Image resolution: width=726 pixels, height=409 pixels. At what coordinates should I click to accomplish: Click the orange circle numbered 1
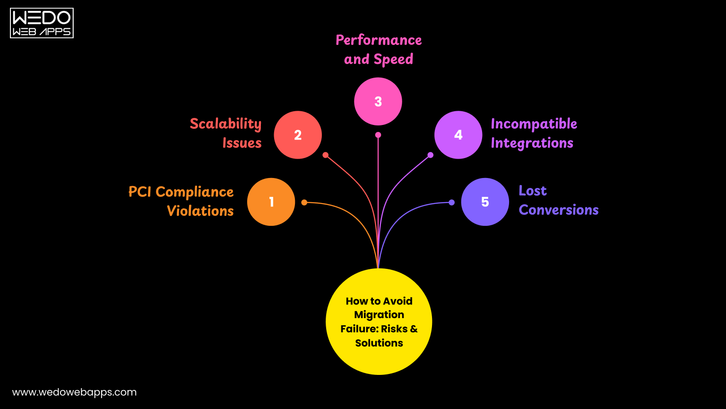271,202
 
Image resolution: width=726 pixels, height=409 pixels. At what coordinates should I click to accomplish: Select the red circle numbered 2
298,135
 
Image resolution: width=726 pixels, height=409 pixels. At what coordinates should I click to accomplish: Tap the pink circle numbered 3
378,101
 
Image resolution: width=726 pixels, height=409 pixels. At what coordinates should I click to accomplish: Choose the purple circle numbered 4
458,135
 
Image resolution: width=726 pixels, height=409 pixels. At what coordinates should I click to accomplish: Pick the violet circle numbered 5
485,202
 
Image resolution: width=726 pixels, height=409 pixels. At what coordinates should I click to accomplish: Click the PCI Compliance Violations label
181,201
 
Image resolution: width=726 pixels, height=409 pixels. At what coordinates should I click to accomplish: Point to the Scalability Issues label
226,133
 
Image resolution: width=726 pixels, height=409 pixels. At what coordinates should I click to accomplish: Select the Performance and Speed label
379,50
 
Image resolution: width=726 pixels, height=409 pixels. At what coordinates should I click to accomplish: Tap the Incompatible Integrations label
533,133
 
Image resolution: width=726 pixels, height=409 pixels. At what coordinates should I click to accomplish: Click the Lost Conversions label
558,200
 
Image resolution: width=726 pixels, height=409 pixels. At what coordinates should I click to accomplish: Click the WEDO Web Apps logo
42,23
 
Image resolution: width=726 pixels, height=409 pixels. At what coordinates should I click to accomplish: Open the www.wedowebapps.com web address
74,392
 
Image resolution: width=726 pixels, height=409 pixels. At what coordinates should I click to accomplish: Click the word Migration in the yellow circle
379,315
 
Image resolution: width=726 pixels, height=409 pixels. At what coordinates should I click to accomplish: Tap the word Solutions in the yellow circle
379,343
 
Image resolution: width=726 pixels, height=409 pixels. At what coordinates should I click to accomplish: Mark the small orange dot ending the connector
304,203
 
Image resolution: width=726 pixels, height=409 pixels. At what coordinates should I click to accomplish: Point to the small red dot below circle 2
325,155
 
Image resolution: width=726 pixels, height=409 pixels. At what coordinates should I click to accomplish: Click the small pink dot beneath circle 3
378,135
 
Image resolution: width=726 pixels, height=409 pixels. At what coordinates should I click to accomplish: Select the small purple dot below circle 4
431,155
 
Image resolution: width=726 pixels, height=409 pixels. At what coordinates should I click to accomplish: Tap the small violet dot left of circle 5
452,203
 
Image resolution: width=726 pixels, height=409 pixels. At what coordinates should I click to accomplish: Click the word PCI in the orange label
140,192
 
